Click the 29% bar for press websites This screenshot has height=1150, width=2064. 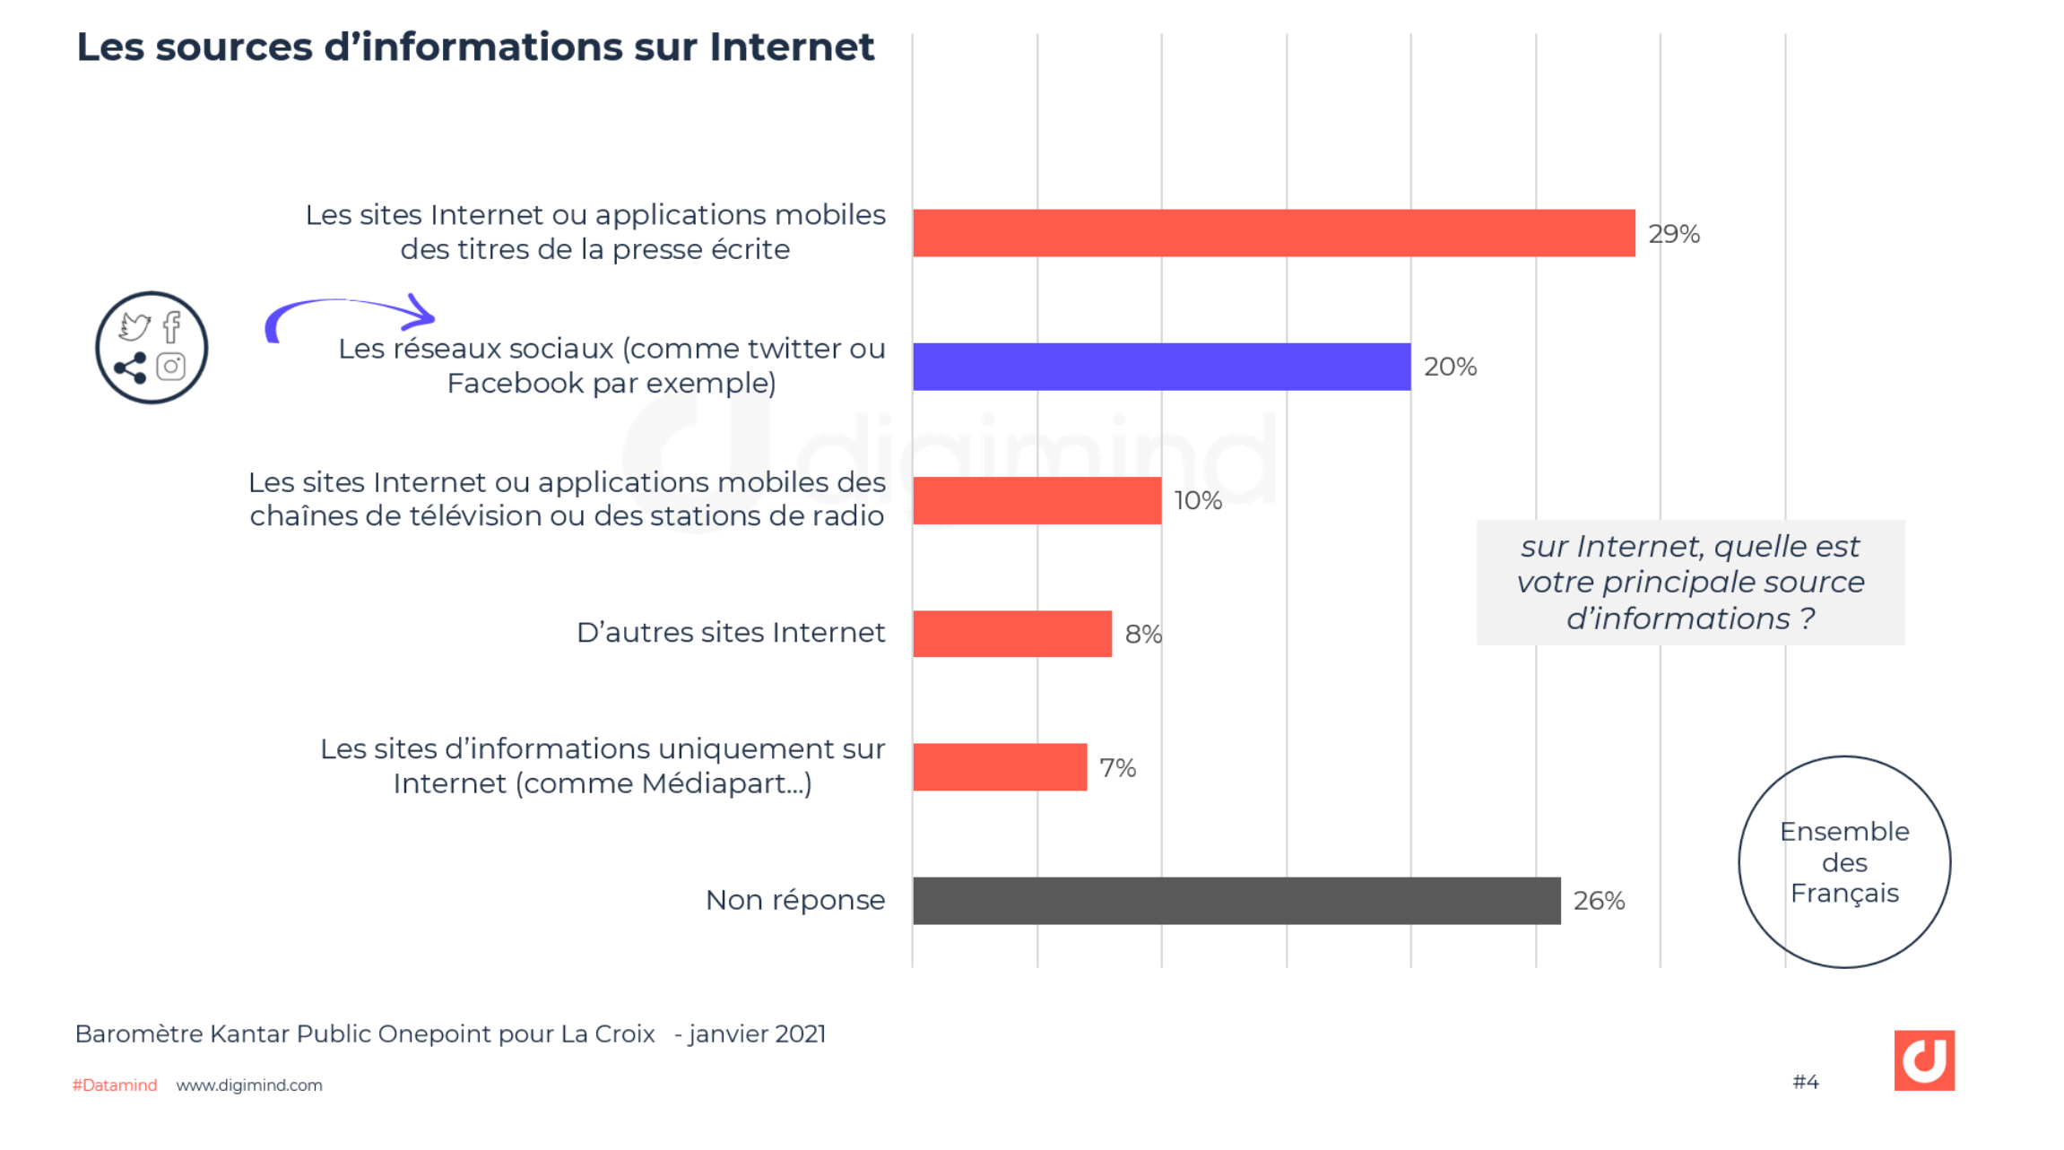pyautogui.click(x=1273, y=233)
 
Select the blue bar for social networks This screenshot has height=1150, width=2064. pyautogui.click(x=1161, y=367)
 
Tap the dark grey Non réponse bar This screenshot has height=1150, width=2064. pyautogui.click(x=1236, y=901)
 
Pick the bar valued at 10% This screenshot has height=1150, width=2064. pyautogui.click(x=1036, y=500)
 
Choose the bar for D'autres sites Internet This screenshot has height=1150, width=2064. pyautogui.click(x=1011, y=634)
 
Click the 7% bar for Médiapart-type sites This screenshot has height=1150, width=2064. pyautogui.click(x=999, y=767)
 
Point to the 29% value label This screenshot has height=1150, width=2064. pyautogui.click(x=1673, y=234)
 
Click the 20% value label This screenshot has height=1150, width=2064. pyautogui.click(x=1449, y=367)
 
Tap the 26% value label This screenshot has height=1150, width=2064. pyautogui.click(x=1599, y=901)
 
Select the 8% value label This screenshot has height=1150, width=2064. pyautogui.click(x=1142, y=635)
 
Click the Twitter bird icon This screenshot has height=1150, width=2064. pyautogui.click(x=134, y=326)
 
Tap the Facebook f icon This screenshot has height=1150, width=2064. pyautogui.click(x=172, y=327)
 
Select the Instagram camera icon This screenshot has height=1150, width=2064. pyautogui.click(x=171, y=367)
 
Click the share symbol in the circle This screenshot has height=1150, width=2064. pyautogui.click(x=131, y=367)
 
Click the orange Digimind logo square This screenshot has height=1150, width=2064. pyautogui.click(x=1923, y=1060)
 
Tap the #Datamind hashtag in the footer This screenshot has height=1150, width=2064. pyautogui.click(x=115, y=1085)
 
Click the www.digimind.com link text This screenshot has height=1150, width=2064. pyautogui.click(x=249, y=1085)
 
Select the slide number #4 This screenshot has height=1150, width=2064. pyautogui.click(x=1805, y=1082)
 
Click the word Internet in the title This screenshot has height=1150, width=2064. pyautogui.click(x=791, y=48)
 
